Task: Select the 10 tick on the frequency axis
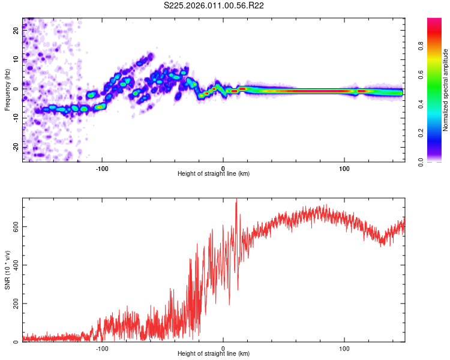(16, 59)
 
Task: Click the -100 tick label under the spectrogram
(102, 168)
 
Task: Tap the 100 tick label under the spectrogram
(344, 168)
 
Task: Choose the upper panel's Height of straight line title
(213, 174)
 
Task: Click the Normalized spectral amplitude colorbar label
(445, 90)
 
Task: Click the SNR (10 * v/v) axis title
(7, 269)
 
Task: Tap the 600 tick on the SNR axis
(16, 226)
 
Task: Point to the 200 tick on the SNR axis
(16, 304)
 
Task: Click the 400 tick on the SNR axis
(16, 265)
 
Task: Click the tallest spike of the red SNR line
(236, 200)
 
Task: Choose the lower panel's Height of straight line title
(213, 354)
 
